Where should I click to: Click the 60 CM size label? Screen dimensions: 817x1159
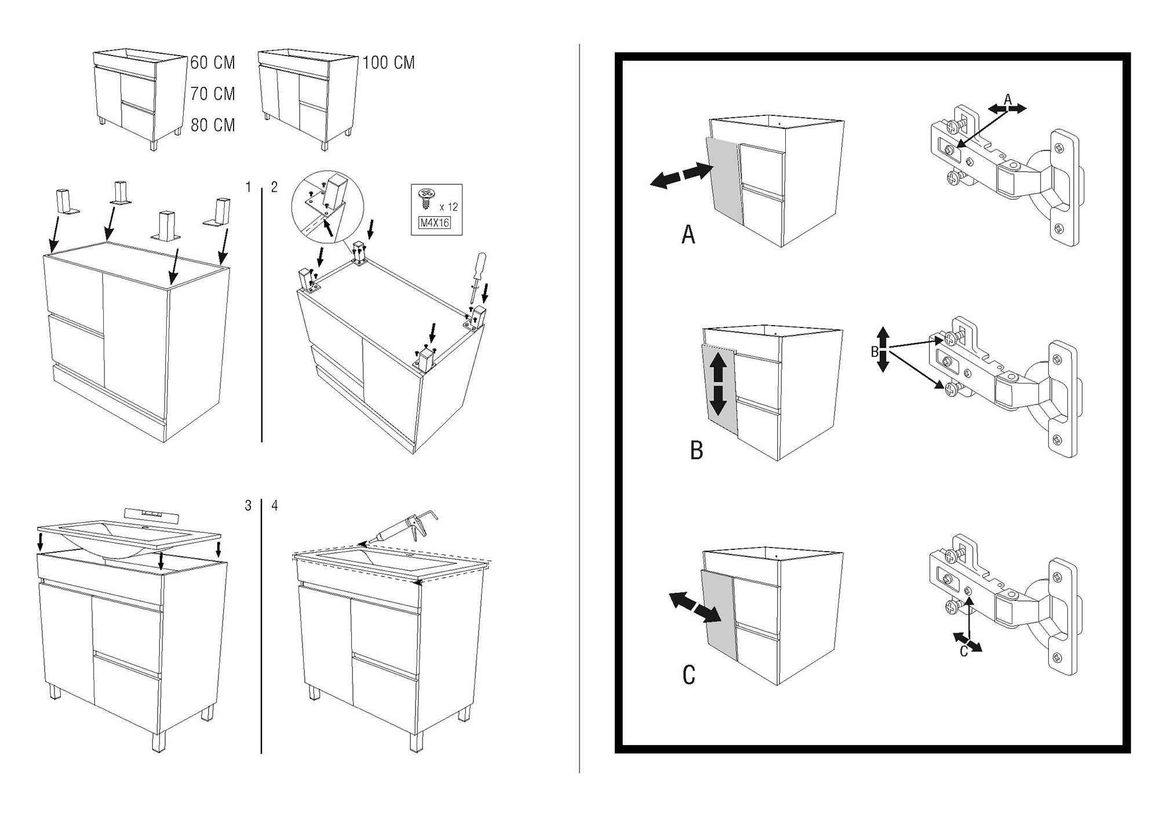(x=213, y=63)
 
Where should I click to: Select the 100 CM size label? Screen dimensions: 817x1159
(x=389, y=63)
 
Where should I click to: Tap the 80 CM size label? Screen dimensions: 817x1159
(x=213, y=125)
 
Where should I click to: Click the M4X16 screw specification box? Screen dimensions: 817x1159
(x=434, y=222)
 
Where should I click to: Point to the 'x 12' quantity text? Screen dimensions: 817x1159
(x=449, y=207)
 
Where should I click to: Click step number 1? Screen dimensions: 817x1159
(x=249, y=187)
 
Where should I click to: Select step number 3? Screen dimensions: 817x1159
(x=249, y=506)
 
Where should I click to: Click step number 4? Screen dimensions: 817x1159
(x=274, y=506)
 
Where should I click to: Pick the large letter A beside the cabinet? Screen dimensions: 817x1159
(x=688, y=235)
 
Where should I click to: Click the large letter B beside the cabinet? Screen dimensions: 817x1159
(x=697, y=450)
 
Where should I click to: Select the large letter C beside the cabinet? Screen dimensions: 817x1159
(x=688, y=675)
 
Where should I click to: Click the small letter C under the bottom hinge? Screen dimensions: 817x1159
(x=964, y=652)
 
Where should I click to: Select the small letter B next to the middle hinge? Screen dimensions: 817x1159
(x=874, y=352)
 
